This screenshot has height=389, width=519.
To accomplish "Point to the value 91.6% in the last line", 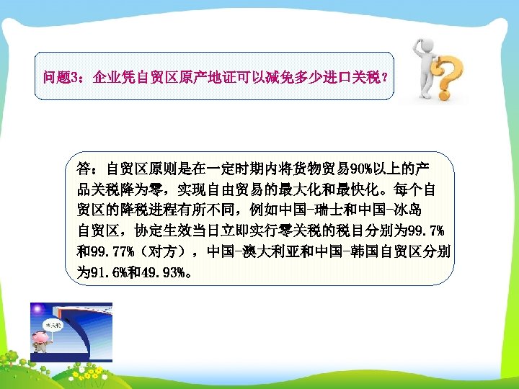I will tap(111, 273).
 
